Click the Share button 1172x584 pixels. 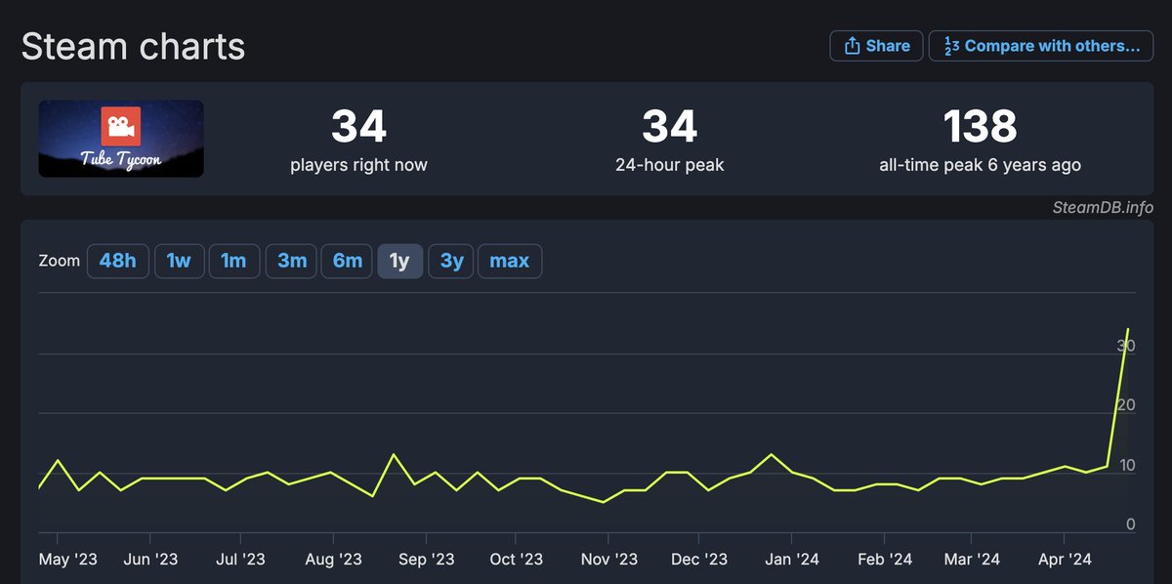click(x=876, y=46)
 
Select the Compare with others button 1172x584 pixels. click(x=1041, y=46)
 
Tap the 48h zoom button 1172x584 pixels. click(x=117, y=261)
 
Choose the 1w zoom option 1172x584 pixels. click(x=178, y=261)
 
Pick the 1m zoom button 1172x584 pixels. click(x=233, y=261)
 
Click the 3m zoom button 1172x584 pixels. click(x=292, y=261)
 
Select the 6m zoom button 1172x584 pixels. click(x=348, y=261)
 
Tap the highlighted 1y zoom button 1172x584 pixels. click(x=399, y=261)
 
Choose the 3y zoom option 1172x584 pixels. click(x=451, y=261)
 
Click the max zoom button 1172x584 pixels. click(x=509, y=261)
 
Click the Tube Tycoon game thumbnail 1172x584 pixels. click(x=121, y=139)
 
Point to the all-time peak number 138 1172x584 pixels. click(x=980, y=127)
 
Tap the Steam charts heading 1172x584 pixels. click(x=133, y=47)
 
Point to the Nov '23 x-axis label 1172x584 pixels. click(x=608, y=560)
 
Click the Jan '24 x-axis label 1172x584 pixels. click(x=791, y=560)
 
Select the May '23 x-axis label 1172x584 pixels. click(x=68, y=560)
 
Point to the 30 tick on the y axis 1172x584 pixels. click(x=1126, y=346)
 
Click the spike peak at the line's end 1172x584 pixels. click(x=1128, y=329)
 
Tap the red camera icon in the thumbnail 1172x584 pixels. click(x=121, y=127)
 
